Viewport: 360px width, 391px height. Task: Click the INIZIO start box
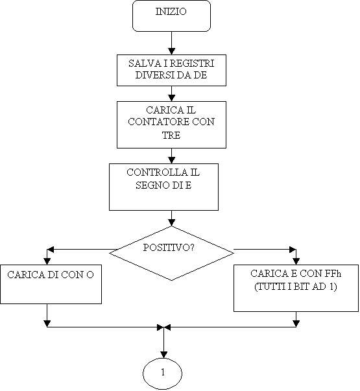pos(171,16)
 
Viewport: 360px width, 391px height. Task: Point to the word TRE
pos(171,135)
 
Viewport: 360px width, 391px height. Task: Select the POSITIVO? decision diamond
pos(171,253)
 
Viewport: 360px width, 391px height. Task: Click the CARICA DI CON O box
pos(51,284)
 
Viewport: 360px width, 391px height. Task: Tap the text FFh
pos(333,274)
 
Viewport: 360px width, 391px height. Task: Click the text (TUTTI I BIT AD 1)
pos(296,287)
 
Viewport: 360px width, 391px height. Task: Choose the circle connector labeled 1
pos(162,373)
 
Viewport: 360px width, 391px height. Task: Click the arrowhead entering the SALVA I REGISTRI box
pos(171,51)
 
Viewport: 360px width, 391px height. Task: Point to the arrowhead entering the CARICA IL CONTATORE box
pos(171,98)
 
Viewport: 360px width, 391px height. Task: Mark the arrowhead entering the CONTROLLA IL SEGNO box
pos(171,160)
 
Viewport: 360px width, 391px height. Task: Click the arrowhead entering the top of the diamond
pos(171,222)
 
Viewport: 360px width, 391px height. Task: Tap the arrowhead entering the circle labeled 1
pos(163,355)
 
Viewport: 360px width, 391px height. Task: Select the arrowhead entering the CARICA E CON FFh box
pos(296,261)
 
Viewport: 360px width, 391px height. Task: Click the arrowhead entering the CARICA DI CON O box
pos(47,261)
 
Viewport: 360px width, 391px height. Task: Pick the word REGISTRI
pos(193,64)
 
